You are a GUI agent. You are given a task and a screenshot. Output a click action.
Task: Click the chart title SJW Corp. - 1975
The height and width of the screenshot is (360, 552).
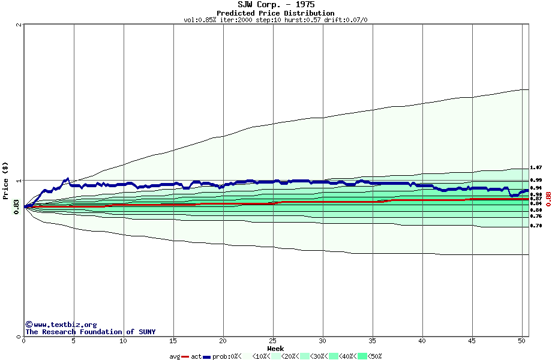click(275, 5)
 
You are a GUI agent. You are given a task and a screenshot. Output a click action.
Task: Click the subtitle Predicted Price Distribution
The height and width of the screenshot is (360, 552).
click(275, 13)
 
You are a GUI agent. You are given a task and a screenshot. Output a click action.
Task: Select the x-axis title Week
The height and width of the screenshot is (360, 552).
click(275, 349)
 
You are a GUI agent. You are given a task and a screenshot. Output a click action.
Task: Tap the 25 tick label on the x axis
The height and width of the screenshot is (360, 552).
click(273, 341)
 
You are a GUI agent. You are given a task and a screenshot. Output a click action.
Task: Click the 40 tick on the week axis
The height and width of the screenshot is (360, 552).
click(422, 341)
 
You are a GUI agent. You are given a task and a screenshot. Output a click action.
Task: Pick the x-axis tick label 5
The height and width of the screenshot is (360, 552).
click(74, 341)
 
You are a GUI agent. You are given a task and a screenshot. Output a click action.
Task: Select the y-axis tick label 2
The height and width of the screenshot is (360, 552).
click(20, 25)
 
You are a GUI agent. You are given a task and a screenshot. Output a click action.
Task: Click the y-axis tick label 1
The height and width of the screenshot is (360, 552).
click(20, 181)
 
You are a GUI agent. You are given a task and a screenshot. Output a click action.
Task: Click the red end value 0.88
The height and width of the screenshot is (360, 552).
click(548, 199)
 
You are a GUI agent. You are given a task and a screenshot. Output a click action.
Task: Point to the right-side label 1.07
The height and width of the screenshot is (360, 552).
click(536, 168)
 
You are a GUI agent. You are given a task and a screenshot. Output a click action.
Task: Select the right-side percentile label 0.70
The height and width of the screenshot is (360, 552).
click(536, 226)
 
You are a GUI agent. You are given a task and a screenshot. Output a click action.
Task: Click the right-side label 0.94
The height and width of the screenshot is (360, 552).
click(536, 188)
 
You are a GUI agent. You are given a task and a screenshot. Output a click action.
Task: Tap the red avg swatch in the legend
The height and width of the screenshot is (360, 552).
click(185, 356)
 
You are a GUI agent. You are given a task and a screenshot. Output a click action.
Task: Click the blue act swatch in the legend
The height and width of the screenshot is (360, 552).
click(207, 356)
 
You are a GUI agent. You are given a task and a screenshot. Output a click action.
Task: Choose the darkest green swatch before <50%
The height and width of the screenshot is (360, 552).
click(362, 356)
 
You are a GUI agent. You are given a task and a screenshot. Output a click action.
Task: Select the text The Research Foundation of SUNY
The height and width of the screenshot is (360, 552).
click(90, 332)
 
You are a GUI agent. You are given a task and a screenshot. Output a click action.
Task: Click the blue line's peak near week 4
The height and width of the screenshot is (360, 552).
click(68, 178)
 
